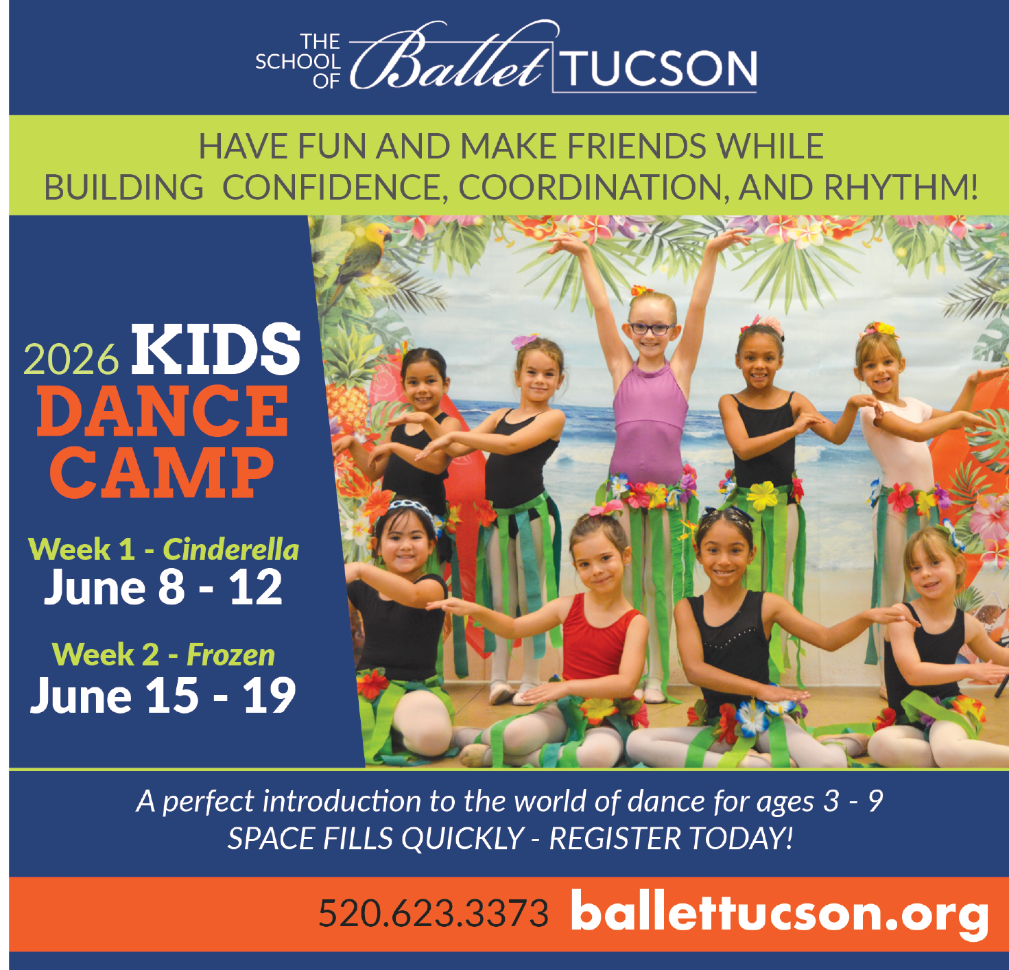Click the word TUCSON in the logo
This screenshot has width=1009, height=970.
(x=660, y=69)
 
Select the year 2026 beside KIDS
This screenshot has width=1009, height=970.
(x=71, y=359)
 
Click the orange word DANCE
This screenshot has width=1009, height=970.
(x=163, y=411)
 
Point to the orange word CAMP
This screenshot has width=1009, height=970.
(x=162, y=473)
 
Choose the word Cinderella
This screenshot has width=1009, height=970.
(x=231, y=549)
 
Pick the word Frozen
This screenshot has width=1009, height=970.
(x=230, y=655)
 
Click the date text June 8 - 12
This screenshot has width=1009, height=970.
(x=163, y=588)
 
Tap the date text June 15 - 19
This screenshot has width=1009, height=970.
(x=163, y=696)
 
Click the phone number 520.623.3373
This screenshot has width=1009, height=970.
(x=434, y=913)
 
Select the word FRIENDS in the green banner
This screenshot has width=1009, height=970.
(x=637, y=146)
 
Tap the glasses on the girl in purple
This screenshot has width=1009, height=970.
(x=652, y=329)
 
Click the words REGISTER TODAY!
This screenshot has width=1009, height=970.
(x=671, y=838)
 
